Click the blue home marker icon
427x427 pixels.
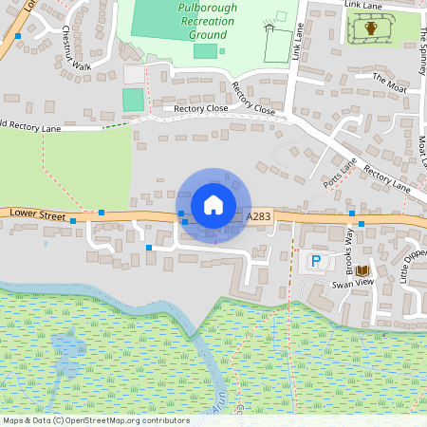coord(213,204)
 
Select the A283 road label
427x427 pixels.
coord(258,218)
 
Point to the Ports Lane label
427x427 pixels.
coord(339,172)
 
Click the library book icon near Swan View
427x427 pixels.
coord(362,270)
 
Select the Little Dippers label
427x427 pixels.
coord(411,267)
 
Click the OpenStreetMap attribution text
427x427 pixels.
coord(96,420)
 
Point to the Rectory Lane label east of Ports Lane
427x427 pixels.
coord(386,179)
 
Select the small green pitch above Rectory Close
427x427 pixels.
coord(133,100)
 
